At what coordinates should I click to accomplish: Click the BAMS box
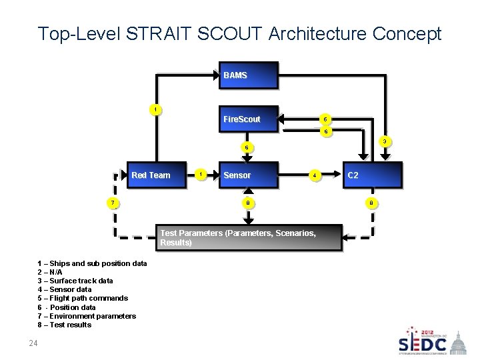click(x=248, y=76)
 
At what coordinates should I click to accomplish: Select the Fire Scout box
click(x=248, y=120)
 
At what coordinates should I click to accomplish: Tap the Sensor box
click(x=248, y=175)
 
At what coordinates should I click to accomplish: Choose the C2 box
click(x=372, y=175)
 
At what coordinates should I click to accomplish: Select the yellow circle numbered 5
click(x=325, y=119)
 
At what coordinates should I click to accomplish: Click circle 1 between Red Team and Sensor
click(x=201, y=175)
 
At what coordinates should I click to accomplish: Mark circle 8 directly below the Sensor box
click(x=247, y=202)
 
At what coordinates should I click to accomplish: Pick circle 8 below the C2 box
click(x=372, y=202)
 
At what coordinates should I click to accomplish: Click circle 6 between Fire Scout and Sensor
click(x=247, y=147)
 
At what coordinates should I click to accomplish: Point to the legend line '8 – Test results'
click(x=65, y=325)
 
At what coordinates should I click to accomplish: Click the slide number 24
click(x=33, y=344)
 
